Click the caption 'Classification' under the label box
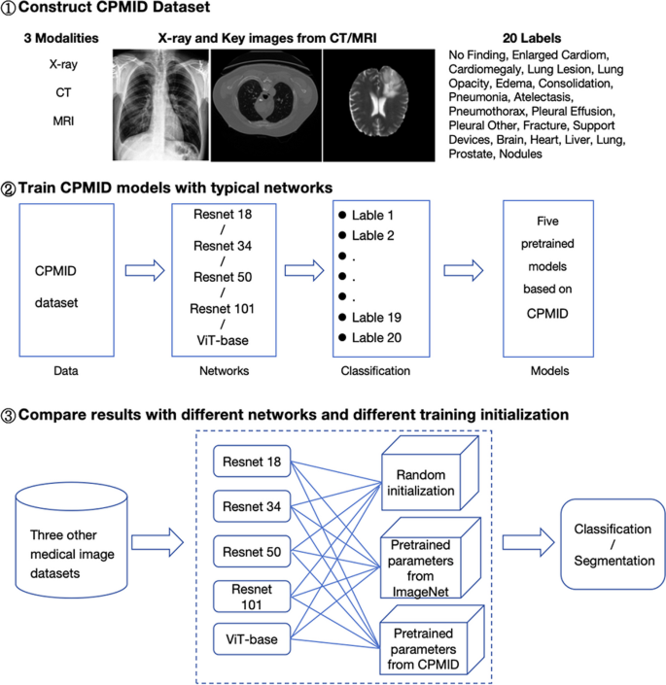point(375,371)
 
